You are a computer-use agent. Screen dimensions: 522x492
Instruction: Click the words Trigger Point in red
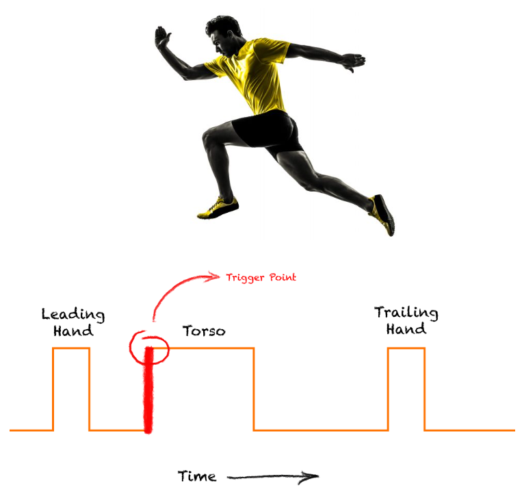261,277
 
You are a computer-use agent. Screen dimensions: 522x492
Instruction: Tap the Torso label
204,332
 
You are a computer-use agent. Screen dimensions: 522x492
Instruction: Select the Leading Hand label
73,322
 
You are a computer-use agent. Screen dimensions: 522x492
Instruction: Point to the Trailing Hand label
406,320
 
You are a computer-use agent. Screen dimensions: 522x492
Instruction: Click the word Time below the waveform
197,476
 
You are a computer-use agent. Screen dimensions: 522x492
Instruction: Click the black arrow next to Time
273,476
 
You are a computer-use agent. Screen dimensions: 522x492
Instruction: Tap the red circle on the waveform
148,346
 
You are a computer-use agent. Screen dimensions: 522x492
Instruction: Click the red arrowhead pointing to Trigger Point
216,276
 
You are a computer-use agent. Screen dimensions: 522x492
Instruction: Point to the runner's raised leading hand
161,37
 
